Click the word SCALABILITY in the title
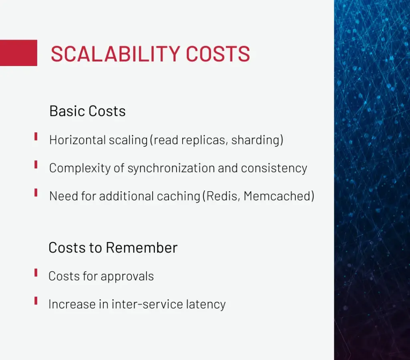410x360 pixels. click(x=115, y=54)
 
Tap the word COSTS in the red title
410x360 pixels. click(x=218, y=54)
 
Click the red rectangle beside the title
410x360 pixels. click(x=18, y=53)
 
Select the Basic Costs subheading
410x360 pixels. click(x=87, y=111)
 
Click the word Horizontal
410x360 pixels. click(x=77, y=140)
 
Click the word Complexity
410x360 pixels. click(x=80, y=168)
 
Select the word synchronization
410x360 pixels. click(x=171, y=168)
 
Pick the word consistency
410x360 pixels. click(x=274, y=168)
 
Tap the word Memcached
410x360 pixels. click(x=279, y=196)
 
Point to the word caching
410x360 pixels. click(x=179, y=196)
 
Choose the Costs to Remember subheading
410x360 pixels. click(x=113, y=248)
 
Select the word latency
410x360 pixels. click(x=206, y=304)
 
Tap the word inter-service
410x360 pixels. click(x=147, y=304)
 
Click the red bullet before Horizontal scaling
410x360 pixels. click(x=36, y=137)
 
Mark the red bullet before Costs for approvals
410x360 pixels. click(x=36, y=273)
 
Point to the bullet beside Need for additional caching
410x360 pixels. click(x=36, y=192)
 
